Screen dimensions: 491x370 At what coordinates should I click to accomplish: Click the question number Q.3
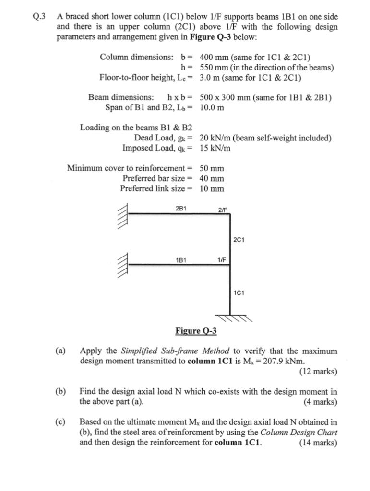coord(38,15)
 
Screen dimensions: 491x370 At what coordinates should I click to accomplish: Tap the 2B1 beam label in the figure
coord(181,209)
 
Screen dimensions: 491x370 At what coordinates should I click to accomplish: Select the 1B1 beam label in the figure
coord(181,260)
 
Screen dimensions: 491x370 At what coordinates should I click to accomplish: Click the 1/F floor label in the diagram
coord(222,260)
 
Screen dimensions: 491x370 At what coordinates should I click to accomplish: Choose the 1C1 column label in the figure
coord(239,292)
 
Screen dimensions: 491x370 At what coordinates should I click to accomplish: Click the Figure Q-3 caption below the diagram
coord(196,331)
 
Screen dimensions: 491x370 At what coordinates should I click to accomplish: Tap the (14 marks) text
coord(318,443)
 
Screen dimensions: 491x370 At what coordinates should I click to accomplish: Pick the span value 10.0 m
coord(212,107)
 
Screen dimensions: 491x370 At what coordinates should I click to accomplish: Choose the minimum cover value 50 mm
coord(212,168)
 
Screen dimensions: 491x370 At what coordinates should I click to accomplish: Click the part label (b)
coord(60,392)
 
